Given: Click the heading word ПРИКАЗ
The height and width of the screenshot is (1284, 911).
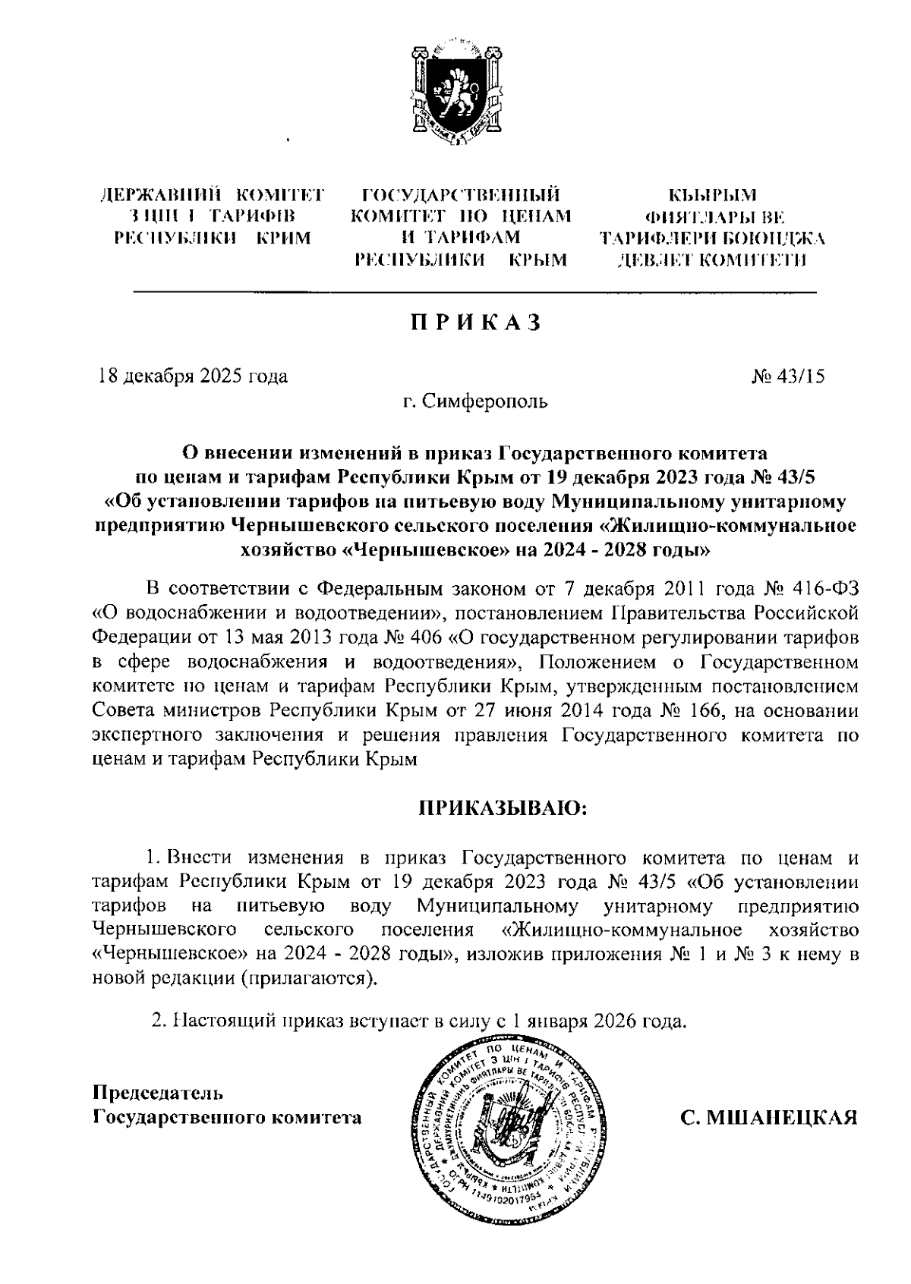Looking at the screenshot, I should point(476,323).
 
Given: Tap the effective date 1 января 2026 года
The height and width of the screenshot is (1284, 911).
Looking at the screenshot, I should point(599,1021).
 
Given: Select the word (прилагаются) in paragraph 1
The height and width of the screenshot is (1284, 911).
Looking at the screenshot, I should point(307,979).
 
